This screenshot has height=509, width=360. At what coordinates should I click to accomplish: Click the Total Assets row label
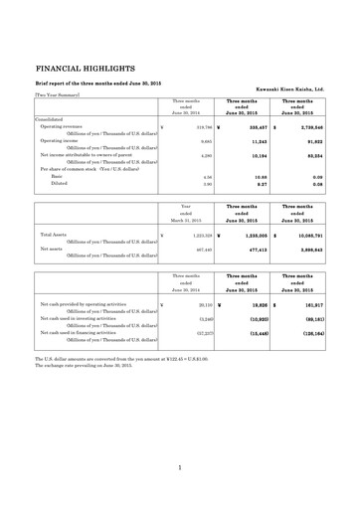click(55, 234)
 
